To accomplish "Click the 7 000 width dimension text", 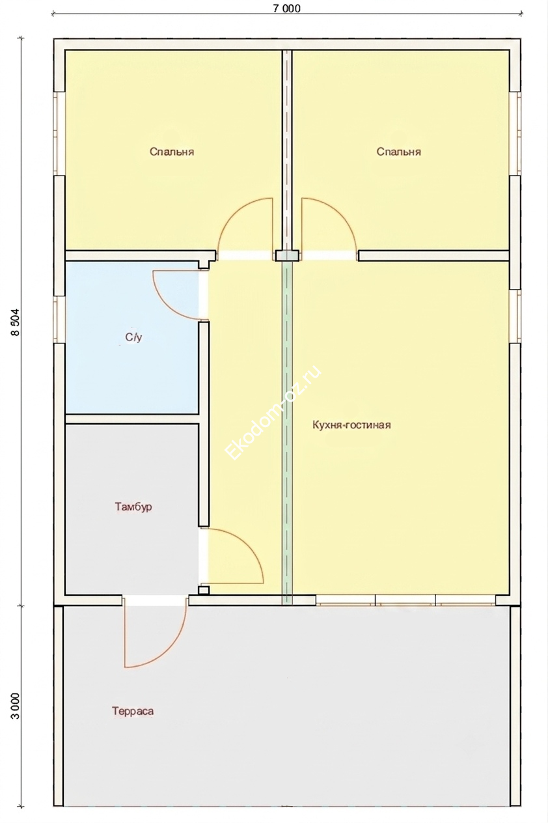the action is point(286,8).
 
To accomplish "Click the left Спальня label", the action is point(172,152).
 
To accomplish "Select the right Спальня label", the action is point(398,152).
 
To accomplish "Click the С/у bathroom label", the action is point(133,337).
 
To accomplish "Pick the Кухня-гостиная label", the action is point(351,425).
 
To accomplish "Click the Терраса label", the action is point(133,711).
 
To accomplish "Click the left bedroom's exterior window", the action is point(59,133).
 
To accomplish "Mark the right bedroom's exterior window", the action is point(515,133).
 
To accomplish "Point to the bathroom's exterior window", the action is point(59,319).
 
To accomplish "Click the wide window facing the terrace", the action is point(405,600).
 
